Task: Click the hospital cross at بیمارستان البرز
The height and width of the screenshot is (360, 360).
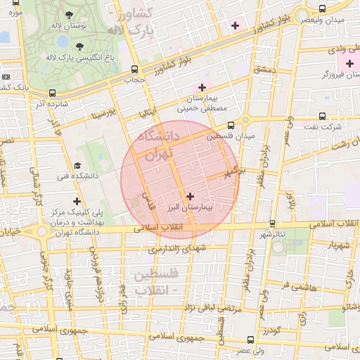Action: [191, 195]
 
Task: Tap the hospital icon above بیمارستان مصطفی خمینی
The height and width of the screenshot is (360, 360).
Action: [202, 87]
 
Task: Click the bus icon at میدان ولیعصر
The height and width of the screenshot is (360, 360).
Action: [322, 9]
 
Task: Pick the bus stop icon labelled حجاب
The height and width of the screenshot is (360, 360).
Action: [134, 69]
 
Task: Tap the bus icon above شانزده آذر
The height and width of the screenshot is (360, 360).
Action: [51, 92]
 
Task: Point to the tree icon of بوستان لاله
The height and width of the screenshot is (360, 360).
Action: [68, 14]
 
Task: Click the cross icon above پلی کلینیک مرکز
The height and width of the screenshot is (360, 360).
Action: [77, 202]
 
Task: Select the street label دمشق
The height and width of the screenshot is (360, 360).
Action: [266, 71]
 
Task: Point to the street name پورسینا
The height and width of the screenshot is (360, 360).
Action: [103, 114]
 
